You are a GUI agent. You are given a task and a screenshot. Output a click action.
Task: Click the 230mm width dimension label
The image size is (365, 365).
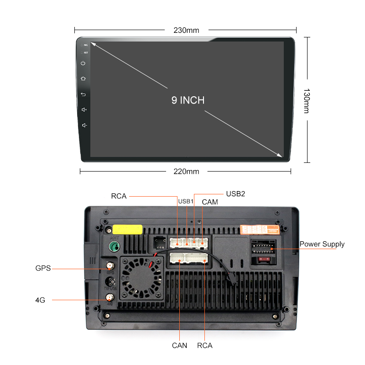(x=186, y=31)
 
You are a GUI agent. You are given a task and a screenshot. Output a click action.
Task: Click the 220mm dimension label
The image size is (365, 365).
(x=186, y=172)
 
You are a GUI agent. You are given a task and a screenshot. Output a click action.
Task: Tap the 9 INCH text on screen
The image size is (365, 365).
(x=188, y=100)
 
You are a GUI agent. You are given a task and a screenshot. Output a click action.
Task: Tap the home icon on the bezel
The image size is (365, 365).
(x=83, y=78)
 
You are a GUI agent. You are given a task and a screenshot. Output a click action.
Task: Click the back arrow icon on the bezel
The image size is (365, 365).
(x=83, y=94)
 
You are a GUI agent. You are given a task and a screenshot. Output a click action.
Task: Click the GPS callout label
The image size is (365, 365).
(x=43, y=268)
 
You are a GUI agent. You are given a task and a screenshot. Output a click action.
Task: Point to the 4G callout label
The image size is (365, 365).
(x=40, y=300)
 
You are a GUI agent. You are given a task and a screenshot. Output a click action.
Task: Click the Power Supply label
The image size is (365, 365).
(x=322, y=244)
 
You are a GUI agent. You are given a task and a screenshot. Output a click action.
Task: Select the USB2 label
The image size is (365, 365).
(x=235, y=194)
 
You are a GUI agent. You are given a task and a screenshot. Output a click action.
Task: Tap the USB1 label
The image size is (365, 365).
(x=186, y=201)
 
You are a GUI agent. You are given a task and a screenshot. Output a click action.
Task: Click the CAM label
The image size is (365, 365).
(x=210, y=202)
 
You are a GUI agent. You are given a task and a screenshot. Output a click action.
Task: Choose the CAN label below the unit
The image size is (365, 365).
(x=179, y=345)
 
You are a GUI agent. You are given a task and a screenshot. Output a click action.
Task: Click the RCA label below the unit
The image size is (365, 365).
(x=205, y=345)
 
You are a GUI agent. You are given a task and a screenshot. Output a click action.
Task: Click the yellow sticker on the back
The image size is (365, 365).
(x=127, y=229)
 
